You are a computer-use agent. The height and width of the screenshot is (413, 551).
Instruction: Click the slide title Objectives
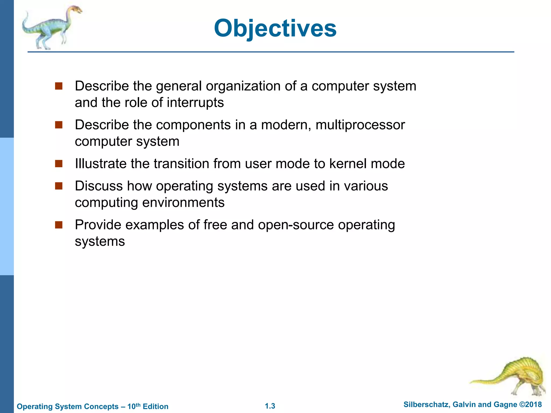point(275,29)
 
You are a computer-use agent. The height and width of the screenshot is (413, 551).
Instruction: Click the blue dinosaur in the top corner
point(51,27)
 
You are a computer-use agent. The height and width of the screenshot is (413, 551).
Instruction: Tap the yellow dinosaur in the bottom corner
point(511,376)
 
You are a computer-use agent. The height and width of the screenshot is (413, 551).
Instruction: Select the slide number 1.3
point(270,406)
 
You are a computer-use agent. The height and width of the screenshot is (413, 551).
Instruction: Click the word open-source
point(296,225)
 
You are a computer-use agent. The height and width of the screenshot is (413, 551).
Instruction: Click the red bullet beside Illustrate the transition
point(59,163)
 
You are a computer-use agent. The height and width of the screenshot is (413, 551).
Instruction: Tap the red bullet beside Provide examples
point(59,225)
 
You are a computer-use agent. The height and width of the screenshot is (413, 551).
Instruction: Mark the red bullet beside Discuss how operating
point(59,186)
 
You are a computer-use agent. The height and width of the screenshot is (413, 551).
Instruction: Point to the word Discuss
point(99,186)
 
